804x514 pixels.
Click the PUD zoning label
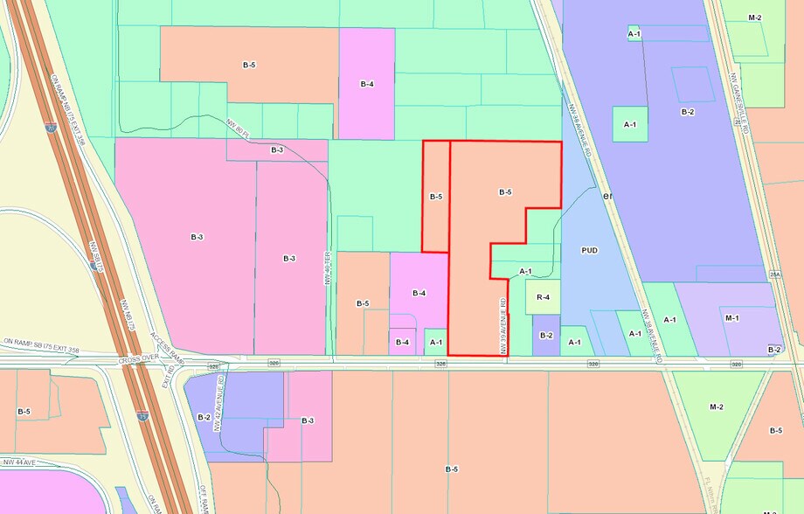(x=590, y=250)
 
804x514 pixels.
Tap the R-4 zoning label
(x=542, y=298)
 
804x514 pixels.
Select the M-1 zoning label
(x=731, y=317)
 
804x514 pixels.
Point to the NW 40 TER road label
(x=329, y=267)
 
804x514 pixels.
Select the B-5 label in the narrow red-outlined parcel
(x=435, y=197)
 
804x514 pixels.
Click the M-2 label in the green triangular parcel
(x=717, y=406)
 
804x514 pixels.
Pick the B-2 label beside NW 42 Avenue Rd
(x=204, y=417)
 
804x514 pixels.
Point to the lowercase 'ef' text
(x=609, y=197)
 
